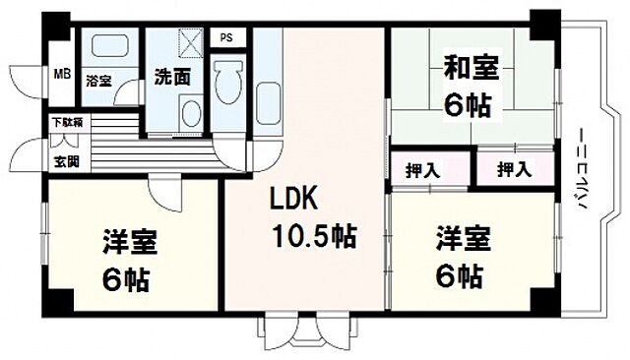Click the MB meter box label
click(61, 73)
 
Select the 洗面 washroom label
click(172, 77)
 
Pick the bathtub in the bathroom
click(108, 48)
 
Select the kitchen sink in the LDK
click(268, 102)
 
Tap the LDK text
click(294, 200)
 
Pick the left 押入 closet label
click(422, 170)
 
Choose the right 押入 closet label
click(512, 170)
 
